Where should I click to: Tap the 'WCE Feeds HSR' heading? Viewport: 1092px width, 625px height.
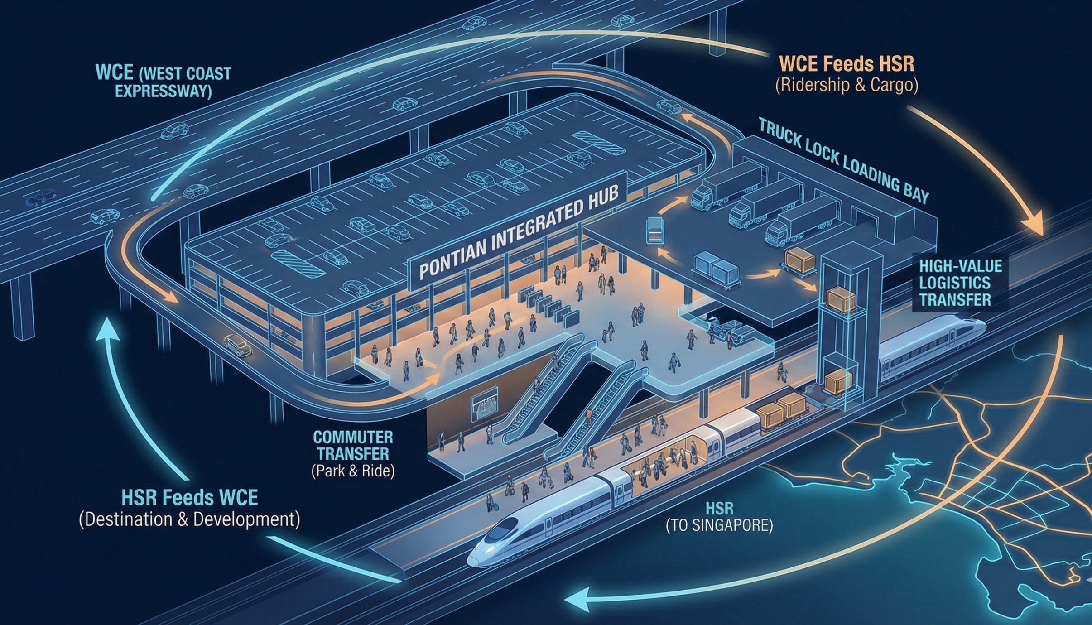(847, 64)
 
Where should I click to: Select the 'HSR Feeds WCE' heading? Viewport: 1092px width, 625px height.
(190, 498)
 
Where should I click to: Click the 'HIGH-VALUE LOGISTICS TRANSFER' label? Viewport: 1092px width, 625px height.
(954, 283)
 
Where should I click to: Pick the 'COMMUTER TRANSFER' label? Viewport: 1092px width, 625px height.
(353, 445)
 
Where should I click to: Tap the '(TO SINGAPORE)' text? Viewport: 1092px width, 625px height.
(719, 525)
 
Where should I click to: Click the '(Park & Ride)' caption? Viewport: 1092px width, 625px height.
(353, 471)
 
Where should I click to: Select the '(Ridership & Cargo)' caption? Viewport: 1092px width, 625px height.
(847, 86)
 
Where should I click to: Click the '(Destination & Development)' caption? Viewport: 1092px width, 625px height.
(189, 519)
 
